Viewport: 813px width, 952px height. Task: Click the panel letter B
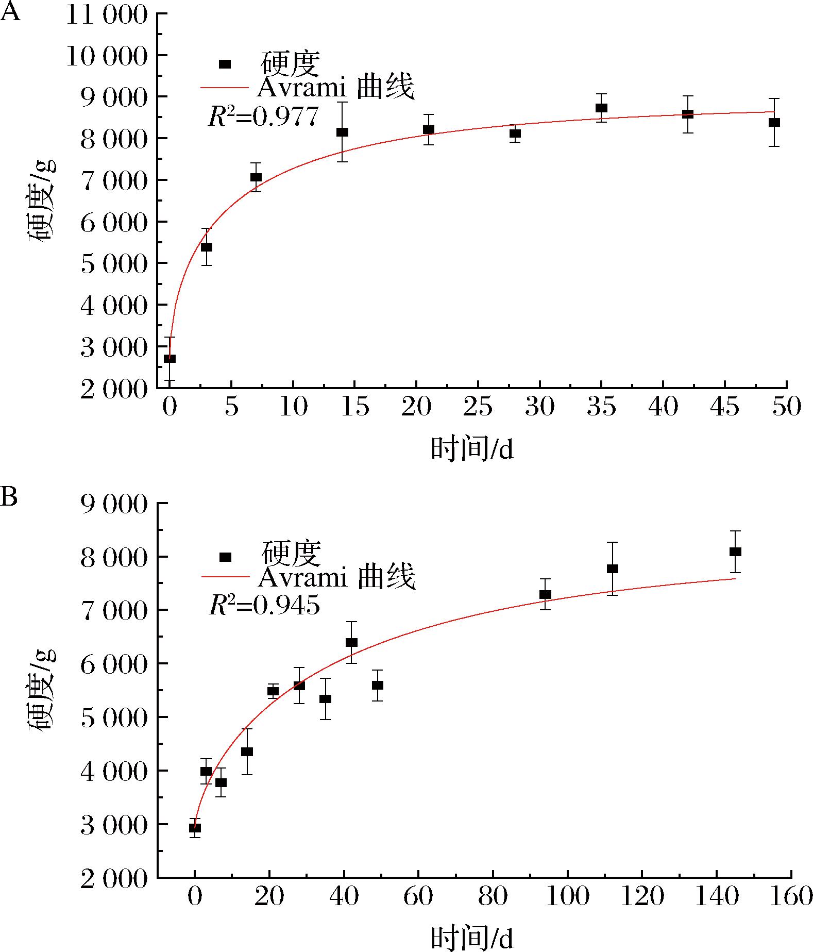(x=10, y=498)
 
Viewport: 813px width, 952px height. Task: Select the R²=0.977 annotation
(x=263, y=116)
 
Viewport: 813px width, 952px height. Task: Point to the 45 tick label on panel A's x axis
(x=725, y=408)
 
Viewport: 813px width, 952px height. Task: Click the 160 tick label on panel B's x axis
(x=790, y=897)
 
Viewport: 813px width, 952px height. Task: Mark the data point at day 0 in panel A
(x=170, y=358)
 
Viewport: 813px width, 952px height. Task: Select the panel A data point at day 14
(x=342, y=132)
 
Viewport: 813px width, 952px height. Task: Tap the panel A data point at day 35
(x=601, y=108)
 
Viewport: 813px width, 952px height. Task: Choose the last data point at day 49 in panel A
(x=774, y=122)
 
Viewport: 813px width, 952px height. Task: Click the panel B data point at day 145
(x=735, y=552)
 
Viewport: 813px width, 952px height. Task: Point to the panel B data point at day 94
(x=545, y=594)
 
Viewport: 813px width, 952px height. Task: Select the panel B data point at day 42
(x=351, y=642)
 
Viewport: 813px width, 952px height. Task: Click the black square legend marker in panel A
(x=225, y=64)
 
